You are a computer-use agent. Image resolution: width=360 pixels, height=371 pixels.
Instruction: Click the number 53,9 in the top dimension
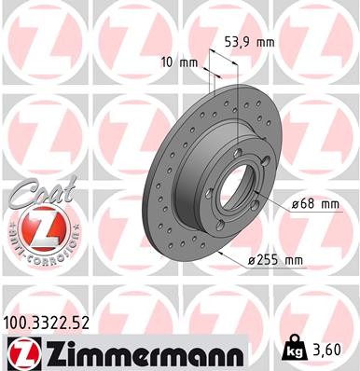(x=237, y=43)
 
